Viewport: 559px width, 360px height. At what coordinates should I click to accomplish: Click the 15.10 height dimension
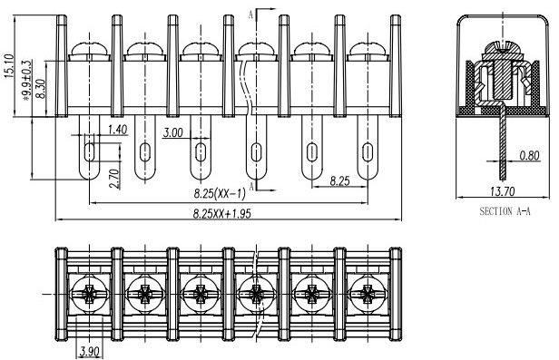point(9,65)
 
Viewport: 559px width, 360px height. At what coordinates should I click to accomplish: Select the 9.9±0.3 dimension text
point(27,80)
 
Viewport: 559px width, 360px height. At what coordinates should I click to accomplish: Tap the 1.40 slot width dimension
point(118,130)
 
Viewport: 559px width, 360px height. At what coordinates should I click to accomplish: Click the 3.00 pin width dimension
point(173,132)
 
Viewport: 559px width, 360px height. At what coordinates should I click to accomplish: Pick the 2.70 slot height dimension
point(114,179)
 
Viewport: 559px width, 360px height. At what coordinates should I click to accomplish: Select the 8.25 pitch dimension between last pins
point(339,181)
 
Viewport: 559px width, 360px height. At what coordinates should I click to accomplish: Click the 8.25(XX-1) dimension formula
point(220,194)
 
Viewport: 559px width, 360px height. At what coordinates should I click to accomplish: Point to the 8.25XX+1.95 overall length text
point(222,214)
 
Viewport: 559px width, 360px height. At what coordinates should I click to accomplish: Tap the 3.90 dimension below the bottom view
point(89,352)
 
